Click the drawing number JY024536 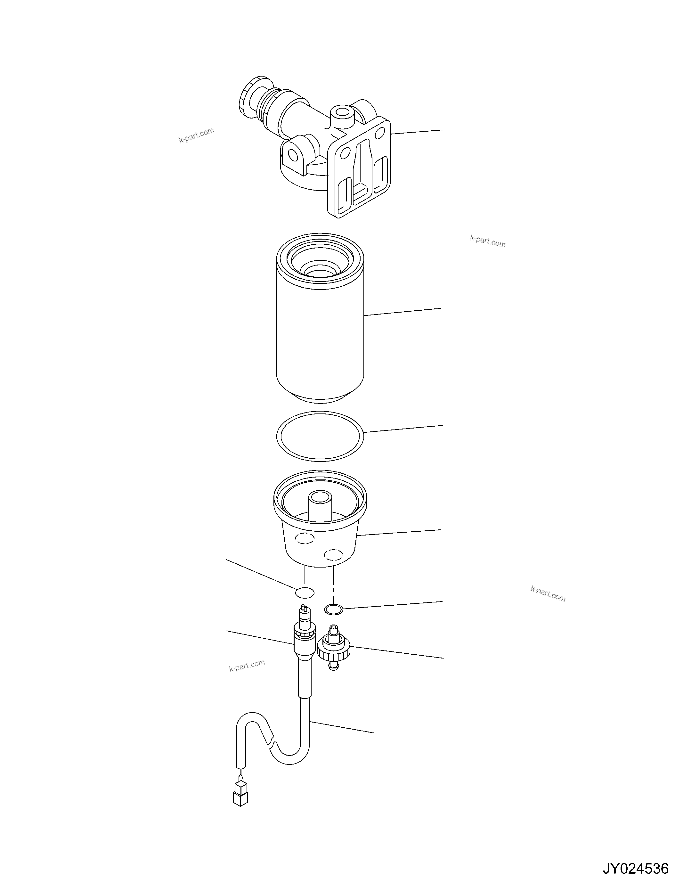635,868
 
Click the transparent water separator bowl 320,535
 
